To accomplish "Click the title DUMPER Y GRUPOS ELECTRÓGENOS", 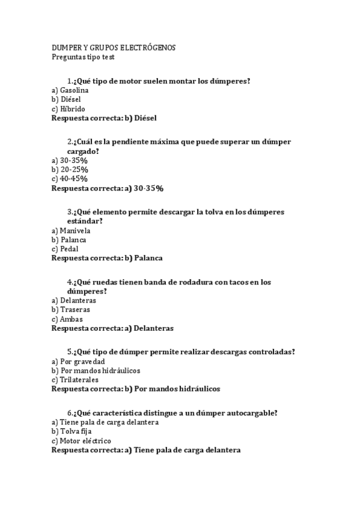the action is pos(113,48).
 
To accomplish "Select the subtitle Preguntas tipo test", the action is pos(82,57).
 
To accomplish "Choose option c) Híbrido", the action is pos(69,109).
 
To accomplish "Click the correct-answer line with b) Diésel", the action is pos(104,118).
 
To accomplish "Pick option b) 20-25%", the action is pos(70,170).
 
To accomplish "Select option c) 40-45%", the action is pos(70,179).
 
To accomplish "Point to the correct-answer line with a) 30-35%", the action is pos(108,188).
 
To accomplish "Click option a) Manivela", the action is pos(71,230).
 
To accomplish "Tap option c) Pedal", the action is pos(65,248).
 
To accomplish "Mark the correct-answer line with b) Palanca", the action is pos(107,258).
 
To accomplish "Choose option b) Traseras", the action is pos(72,310).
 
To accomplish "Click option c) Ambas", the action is pos(67,319).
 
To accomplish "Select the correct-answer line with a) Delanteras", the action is pos(112,328).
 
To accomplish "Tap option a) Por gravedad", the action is pos(78,361).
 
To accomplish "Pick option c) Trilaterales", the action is pos(75,379).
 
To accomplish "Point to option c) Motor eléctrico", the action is pos(81,440).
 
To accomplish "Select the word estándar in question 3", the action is pos(84,221).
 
